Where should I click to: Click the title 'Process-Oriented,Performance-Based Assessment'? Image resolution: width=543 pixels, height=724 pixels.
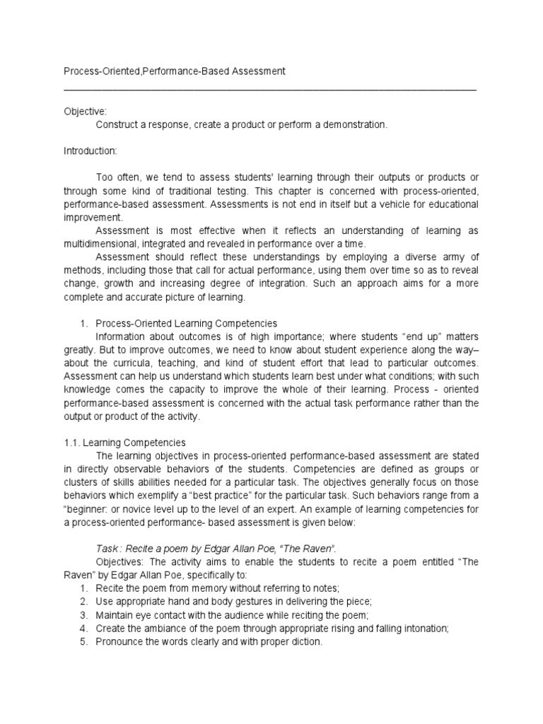(x=175, y=71)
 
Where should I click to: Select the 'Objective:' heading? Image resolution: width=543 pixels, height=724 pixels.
(x=85, y=112)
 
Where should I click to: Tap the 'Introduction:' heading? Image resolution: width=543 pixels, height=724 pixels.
(x=90, y=151)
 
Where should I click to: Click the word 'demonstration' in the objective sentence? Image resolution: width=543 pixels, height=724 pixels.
(x=354, y=124)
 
